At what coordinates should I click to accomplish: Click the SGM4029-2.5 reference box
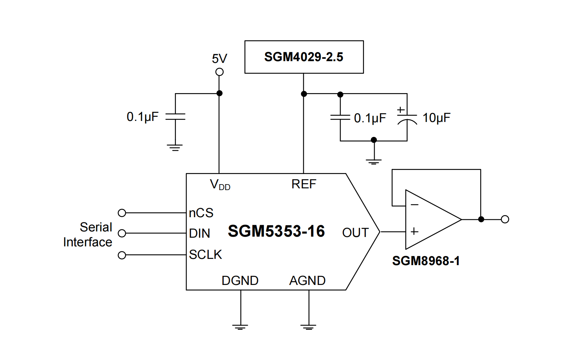click(x=304, y=57)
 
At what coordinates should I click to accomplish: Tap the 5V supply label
click(x=219, y=59)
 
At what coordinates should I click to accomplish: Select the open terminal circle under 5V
click(x=219, y=72)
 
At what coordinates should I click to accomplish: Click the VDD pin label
click(x=220, y=185)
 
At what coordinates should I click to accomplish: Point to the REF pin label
click(x=303, y=184)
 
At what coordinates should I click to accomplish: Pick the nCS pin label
click(x=201, y=213)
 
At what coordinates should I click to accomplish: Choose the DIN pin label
click(x=200, y=234)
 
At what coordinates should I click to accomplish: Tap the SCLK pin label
click(x=205, y=255)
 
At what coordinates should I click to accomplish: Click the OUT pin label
click(x=355, y=232)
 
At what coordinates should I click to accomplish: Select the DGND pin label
click(x=240, y=280)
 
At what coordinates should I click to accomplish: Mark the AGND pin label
click(x=307, y=280)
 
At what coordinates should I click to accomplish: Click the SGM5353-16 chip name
click(x=276, y=231)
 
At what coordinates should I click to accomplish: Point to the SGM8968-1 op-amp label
click(x=426, y=261)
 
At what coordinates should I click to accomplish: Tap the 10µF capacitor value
click(x=436, y=118)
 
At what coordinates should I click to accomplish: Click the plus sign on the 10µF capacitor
click(x=401, y=110)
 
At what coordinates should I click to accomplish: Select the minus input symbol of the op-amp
click(x=414, y=205)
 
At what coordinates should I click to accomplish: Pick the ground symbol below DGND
click(x=240, y=327)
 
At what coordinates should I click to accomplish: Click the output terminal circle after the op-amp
click(x=505, y=219)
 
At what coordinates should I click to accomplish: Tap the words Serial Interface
click(x=88, y=235)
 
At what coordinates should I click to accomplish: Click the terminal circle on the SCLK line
click(x=122, y=255)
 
